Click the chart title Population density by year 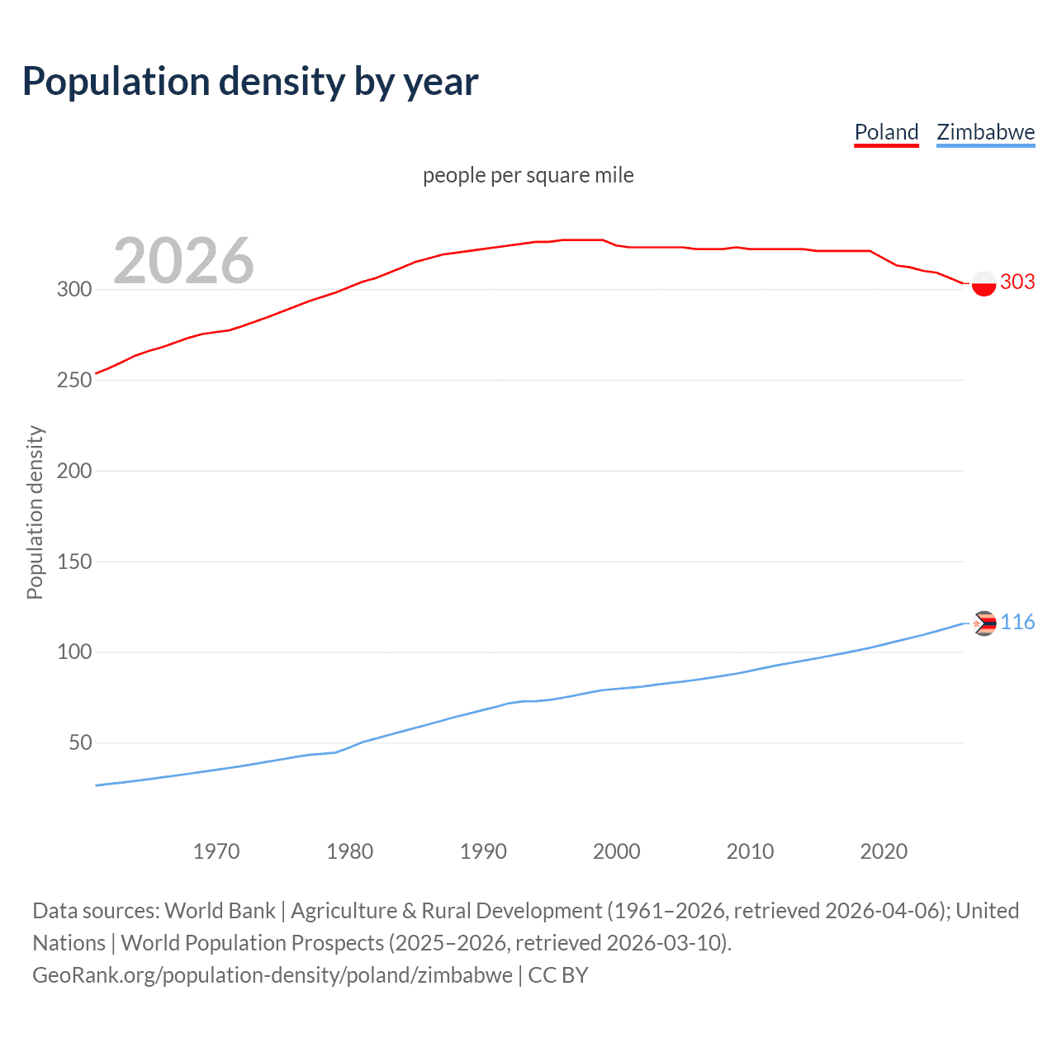pyautogui.click(x=250, y=82)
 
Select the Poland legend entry pyautogui.click(x=886, y=132)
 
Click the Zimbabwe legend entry pyautogui.click(x=985, y=132)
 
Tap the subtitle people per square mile pyautogui.click(x=528, y=175)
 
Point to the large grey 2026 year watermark pyautogui.click(x=183, y=261)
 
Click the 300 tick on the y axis pyautogui.click(x=73, y=289)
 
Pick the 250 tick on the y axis pyautogui.click(x=73, y=380)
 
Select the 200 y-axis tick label pyautogui.click(x=73, y=471)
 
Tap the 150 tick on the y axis pyautogui.click(x=73, y=562)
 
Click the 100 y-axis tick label pyautogui.click(x=73, y=652)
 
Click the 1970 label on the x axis pyautogui.click(x=216, y=851)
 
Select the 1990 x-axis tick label pyautogui.click(x=483, y=851)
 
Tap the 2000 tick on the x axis pyautogui.click(x=617, y=851)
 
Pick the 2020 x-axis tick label pyautogui.click(x=884, y=851)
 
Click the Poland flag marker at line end pyautogui.click(x=984, y=283)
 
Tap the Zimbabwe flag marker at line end pyautogui.click(x=984, y=623)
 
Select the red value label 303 pyautogui.click(x=1017, y=282)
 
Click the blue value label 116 pyautogui.click(x=1017, y=623)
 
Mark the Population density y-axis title pyautogui.click(x=35, y=512)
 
